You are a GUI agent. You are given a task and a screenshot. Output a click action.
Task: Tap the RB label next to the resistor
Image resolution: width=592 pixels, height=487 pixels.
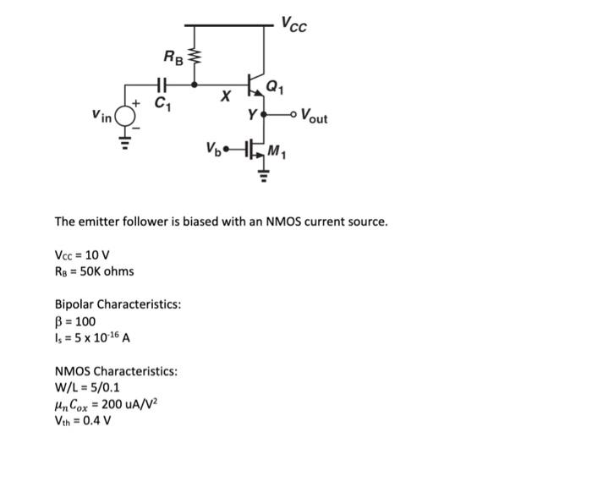click(173, 57)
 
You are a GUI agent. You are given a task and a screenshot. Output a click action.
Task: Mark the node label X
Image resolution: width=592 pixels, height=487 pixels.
click(226, 98)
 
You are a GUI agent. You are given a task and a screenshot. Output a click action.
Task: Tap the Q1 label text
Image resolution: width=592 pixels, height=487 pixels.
click(276, 85)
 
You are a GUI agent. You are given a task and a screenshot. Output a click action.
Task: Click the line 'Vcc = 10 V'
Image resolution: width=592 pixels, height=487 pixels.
click(82, 255)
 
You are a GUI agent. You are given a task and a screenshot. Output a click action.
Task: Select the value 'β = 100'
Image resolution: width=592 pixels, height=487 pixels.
click(75, 321)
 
